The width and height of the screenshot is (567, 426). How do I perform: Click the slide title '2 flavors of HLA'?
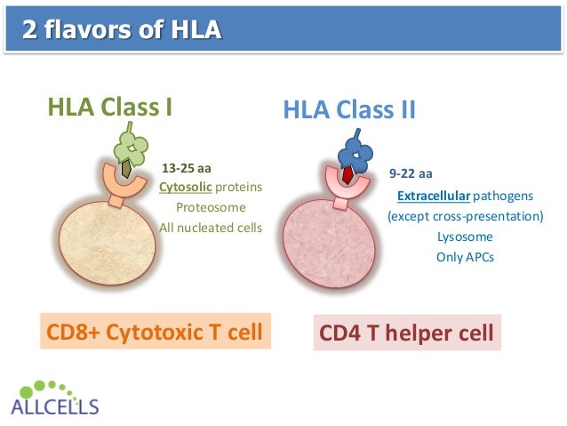(122, 33)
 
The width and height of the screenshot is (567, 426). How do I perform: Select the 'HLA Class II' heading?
(349, 109)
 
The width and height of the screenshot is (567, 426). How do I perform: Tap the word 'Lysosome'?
(464, 237)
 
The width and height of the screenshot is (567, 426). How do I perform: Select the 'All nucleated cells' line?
(211, 228)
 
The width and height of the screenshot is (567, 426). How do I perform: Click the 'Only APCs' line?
(464, 258)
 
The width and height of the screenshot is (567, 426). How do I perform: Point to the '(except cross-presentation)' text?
(465, 217)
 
